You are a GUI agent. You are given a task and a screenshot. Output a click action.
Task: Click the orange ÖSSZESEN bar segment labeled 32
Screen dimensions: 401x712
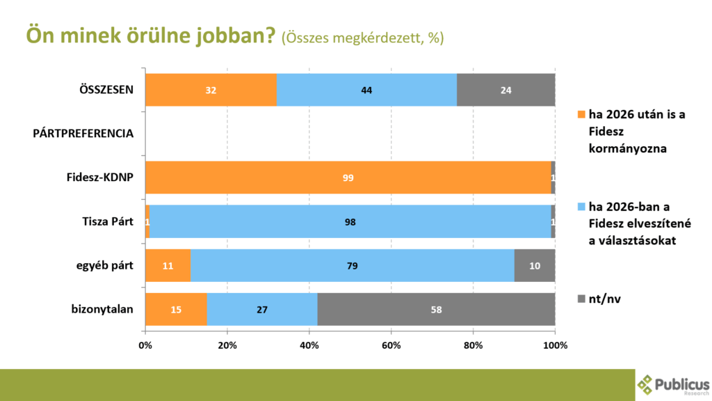click(211, 90)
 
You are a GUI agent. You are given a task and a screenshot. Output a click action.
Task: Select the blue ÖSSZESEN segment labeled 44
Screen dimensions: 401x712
click(366, 90)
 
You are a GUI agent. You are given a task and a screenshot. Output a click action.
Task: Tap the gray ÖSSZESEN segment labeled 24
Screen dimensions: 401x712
click(505, 90)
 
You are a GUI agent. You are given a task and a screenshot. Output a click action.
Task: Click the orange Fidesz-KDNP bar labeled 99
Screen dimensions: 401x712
click(348, 178)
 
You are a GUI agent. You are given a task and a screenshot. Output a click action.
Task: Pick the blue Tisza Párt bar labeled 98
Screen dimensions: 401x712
click(350, 221)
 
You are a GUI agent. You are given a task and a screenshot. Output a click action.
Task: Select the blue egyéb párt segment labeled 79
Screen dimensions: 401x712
click(352, 265)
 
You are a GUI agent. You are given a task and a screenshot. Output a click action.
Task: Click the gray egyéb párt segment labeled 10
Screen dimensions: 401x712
click(534, 265)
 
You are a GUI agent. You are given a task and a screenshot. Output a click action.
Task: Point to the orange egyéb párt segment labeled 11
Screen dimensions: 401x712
click(168, 265)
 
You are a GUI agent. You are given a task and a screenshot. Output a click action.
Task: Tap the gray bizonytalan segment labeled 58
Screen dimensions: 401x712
click(436, 309)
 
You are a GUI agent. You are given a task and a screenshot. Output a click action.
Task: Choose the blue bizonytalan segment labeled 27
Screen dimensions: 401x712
click(262, 309)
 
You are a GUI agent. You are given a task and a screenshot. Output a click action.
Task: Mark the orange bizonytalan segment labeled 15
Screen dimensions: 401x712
click(176, 309)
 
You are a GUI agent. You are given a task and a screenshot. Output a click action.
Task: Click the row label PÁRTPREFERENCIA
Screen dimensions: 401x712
click(83, 133)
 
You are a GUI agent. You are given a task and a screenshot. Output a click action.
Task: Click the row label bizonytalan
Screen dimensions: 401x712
click(103, 309)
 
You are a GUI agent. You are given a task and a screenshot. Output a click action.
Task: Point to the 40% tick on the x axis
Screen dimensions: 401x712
click(309, 345)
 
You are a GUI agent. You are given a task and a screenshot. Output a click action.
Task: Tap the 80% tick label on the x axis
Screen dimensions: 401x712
click(473, 345)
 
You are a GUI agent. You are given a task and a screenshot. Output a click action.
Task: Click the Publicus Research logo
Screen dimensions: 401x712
click(673, 385)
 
